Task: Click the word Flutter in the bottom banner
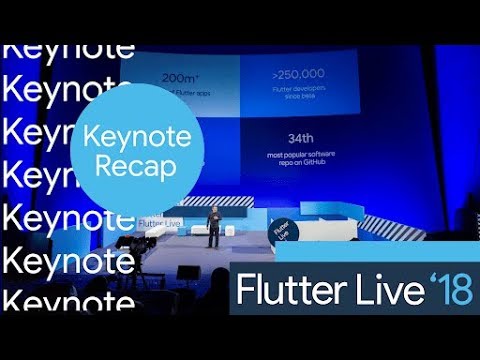coord(284,289)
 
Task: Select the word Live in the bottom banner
coord(372,289)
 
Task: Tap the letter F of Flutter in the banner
coord(244,289)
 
